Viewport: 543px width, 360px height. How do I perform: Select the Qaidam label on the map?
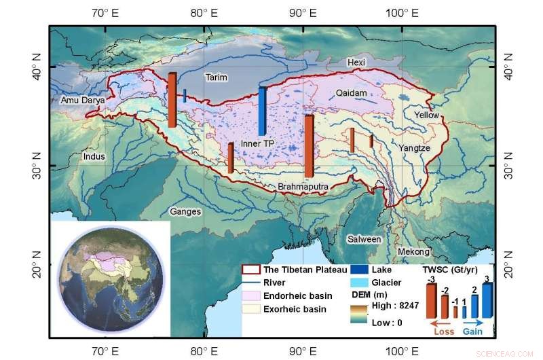[351, 93]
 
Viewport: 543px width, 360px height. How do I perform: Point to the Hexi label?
[356, 62]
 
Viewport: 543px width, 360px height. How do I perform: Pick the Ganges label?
[185, 212]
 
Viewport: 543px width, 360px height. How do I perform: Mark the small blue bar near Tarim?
[185, 96]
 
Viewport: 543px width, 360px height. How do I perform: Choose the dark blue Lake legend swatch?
[360, 270]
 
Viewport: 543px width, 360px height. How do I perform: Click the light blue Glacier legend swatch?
[360, 283]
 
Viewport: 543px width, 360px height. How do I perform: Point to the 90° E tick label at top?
[301, 12]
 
